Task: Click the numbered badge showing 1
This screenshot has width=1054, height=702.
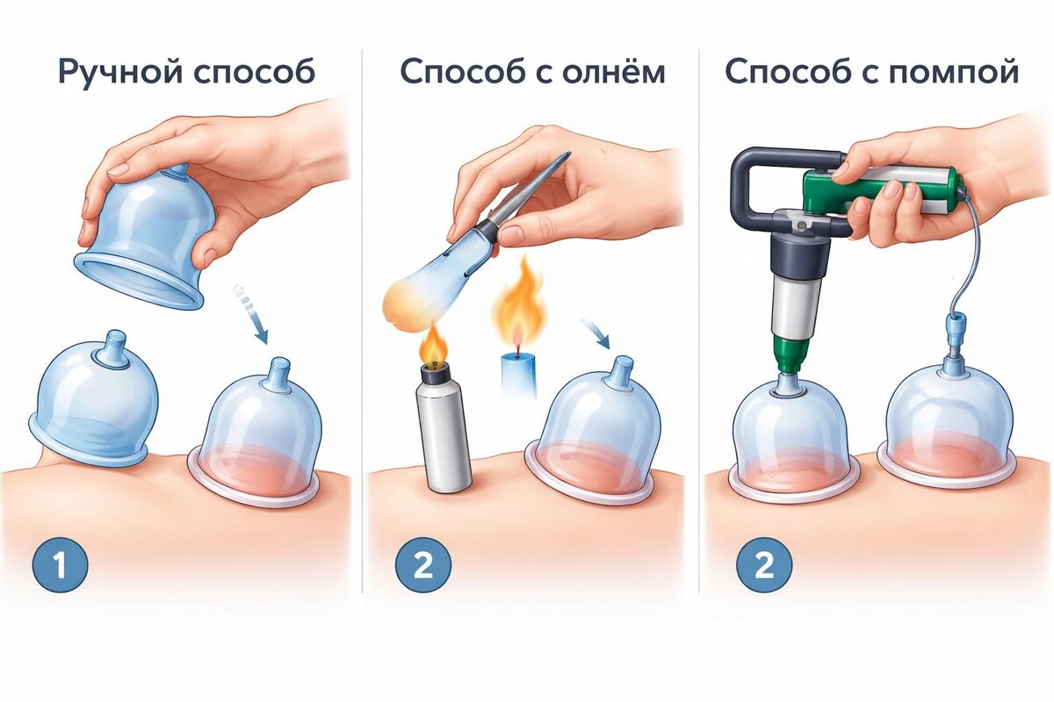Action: click(60, 566)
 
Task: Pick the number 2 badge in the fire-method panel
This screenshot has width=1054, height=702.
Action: click(423, 566)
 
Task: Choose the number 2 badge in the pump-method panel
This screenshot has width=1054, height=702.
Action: click(763, 566)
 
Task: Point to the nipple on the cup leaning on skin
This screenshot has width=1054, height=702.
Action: click(113, 348)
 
